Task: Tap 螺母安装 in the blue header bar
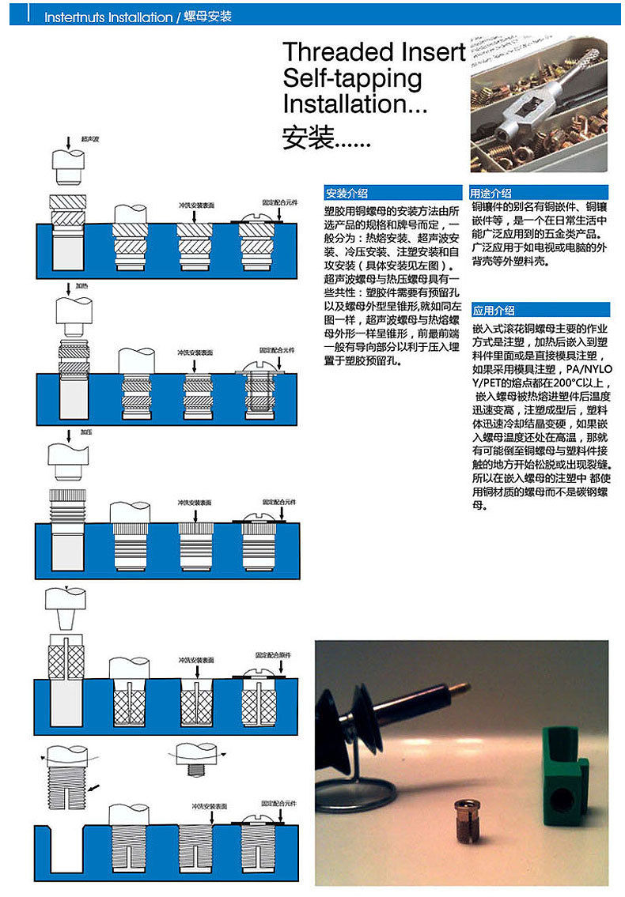[x=207, y=17]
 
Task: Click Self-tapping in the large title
[x=352, y=78]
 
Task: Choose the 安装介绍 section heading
[x=347, y=194]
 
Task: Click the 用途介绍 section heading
[x=491, y=194]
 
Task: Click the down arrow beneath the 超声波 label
[x=69, y=144]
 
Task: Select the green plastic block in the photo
[x=566, y=766]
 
